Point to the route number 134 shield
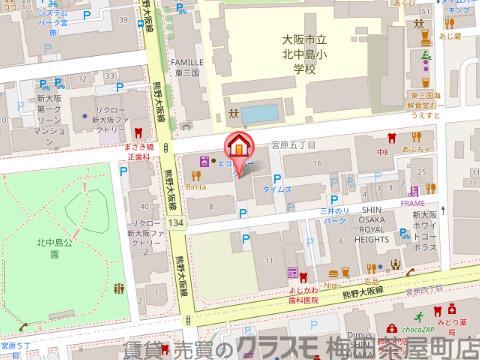point(176,221)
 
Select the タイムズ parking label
point(277,189)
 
